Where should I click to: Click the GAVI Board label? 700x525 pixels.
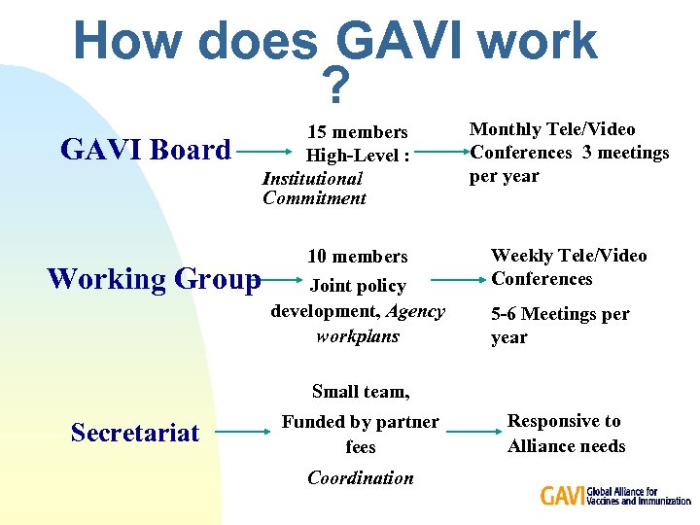146,150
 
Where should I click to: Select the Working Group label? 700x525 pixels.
154,279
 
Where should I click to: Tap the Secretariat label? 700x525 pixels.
135,433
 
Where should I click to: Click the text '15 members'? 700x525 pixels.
358,132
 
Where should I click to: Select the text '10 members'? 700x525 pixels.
358,257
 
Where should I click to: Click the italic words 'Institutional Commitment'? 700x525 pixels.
314,189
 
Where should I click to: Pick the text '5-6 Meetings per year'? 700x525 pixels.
560,326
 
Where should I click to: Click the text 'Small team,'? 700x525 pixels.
361,392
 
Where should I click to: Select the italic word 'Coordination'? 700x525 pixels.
361,477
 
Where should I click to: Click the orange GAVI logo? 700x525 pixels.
562,496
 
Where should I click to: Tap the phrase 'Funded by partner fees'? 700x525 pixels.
361,435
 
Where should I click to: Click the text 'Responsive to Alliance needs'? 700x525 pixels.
566,434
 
